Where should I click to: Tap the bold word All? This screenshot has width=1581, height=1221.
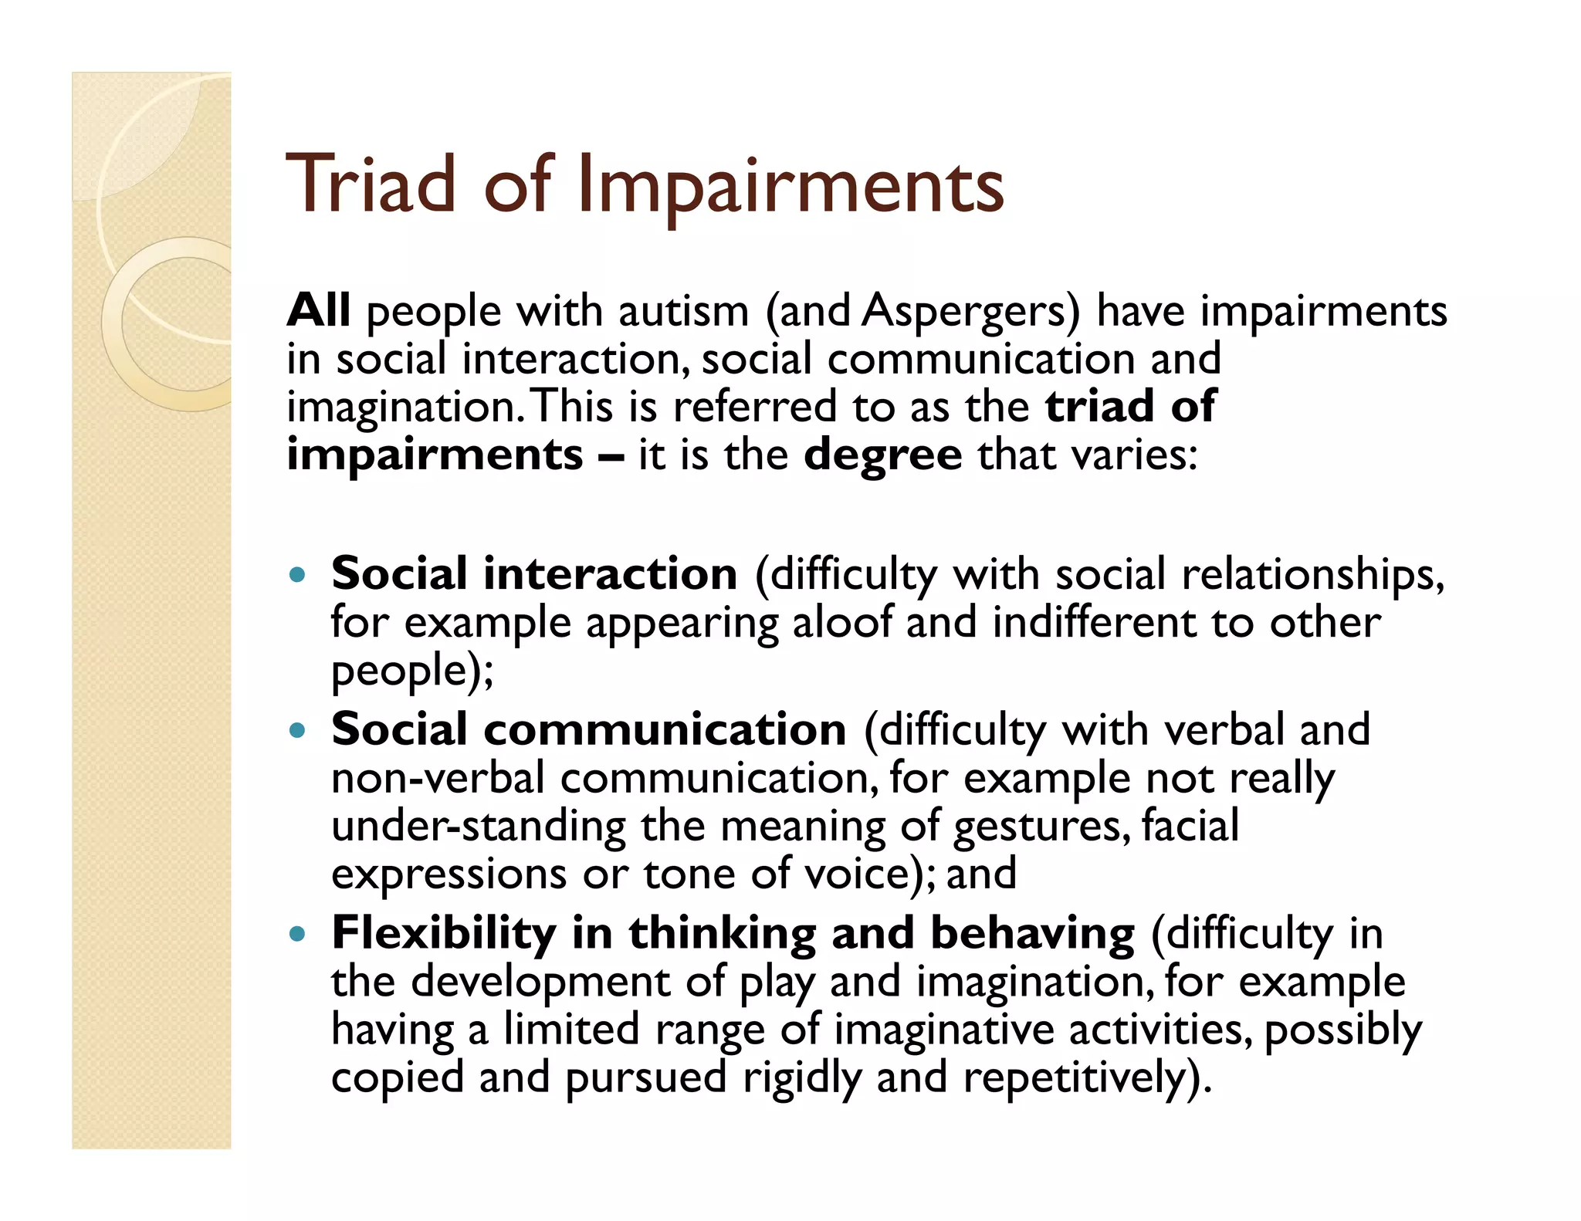point(318,310)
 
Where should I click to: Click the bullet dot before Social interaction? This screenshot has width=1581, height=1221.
point(297,574)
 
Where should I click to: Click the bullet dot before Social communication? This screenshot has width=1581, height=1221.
point(297,729)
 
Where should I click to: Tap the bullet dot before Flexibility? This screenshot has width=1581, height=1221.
point(297,934)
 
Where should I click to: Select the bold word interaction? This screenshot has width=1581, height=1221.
point(610,574)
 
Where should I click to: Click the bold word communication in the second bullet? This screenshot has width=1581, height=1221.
point(665,729)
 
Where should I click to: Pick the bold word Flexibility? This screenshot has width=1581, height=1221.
point(443,934)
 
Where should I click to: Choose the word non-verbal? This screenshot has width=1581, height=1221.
point(438,779)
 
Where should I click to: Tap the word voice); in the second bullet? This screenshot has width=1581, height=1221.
point(870,874)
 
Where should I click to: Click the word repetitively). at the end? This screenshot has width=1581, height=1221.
point(1088,1078)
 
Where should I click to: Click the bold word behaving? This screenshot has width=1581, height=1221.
point(1032,934)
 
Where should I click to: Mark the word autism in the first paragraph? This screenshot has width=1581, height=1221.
point(683,312)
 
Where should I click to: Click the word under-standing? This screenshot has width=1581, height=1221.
point(479,827)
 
